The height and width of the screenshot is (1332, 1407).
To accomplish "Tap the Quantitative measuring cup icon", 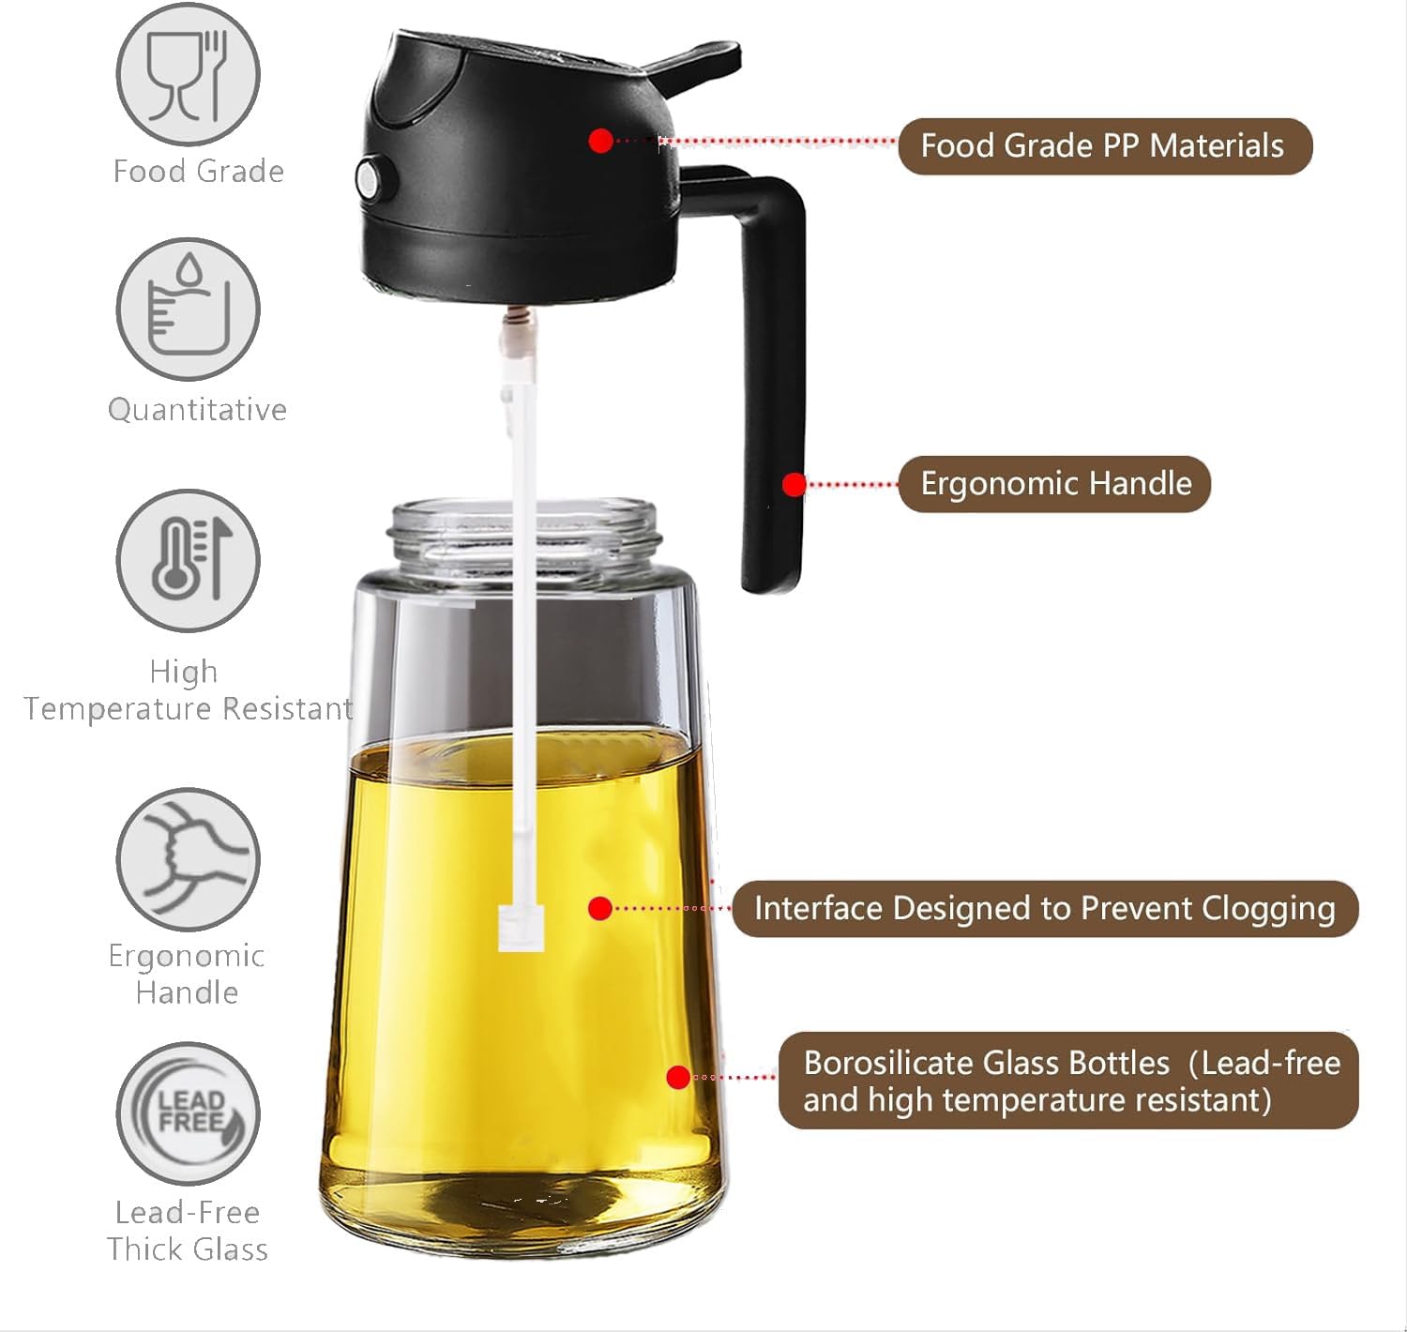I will (188, 309).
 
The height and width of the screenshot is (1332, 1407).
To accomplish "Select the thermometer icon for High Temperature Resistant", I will (188, 560).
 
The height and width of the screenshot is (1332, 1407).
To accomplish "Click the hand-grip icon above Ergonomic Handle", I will (188, 858).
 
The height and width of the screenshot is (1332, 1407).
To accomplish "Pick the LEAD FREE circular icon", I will (188, 1113).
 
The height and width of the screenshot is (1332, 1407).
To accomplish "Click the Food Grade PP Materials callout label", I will (1104, 146).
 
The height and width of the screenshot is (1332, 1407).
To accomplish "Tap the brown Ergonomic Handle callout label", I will (1054, 484).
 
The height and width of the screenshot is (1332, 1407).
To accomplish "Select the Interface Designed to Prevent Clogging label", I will (1044, 909).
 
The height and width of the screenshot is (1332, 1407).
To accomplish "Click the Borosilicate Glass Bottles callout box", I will (1068, 1081).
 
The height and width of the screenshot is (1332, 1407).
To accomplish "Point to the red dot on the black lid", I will (601, 141).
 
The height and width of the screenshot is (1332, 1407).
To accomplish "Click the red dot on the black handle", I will (794, 484).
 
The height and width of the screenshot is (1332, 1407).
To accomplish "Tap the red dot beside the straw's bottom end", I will (600, 908).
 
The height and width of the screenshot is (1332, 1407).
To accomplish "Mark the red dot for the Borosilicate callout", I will (678, 1077).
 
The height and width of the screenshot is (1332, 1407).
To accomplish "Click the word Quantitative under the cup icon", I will (197, 410).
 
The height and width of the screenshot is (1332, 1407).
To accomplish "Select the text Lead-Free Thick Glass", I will (188, 1231).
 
